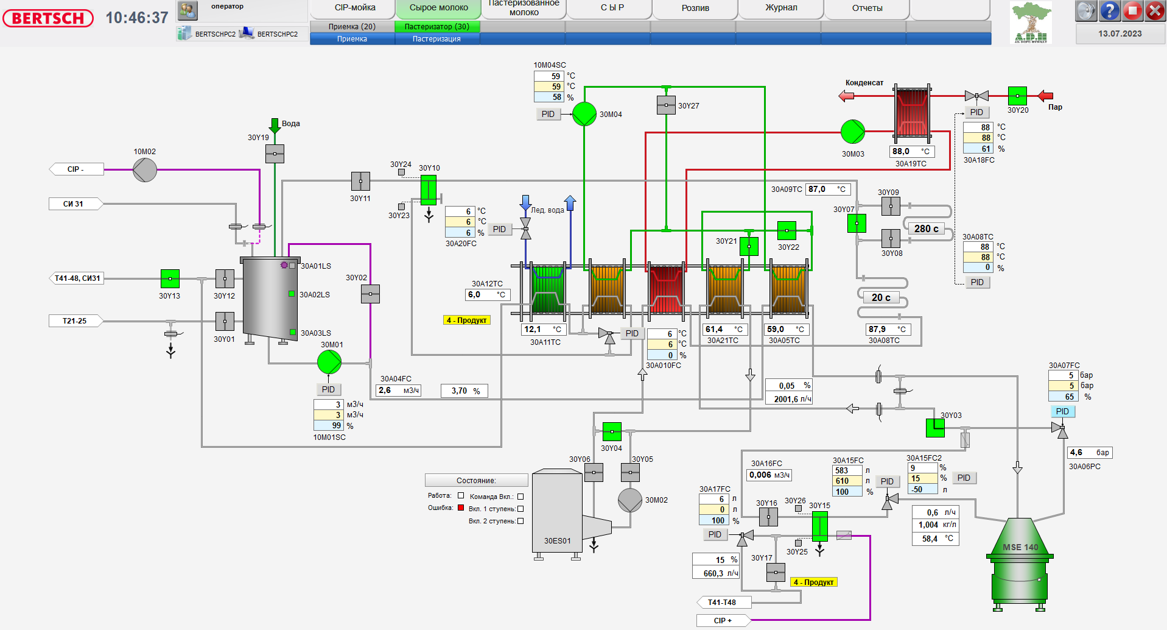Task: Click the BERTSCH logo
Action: tap(48, 18)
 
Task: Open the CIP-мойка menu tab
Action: tap(355, 8)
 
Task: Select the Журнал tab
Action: tap(781, 8)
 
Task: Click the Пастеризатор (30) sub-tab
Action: tap(437, 27)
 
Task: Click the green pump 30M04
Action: tap(584, 114)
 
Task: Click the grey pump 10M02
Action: tap(145, 170)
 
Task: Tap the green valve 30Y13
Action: tap(170, 278)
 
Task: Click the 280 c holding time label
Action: tap(926, 228)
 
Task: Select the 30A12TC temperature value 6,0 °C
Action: tap(488, 295)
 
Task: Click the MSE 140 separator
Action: tap(1020, 561)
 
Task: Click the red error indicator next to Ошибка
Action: tap(461, 508)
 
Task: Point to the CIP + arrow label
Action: tap(723, 620)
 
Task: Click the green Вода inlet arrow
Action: tap(275, 126)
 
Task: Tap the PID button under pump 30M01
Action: tap(328, 389)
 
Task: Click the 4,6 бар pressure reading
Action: tap(1090, 452)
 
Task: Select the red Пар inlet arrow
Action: tap(1046, 96)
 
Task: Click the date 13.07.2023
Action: tap(1120, 34)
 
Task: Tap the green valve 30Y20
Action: tap(1017, 96)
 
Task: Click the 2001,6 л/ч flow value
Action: tap(788, 399)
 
